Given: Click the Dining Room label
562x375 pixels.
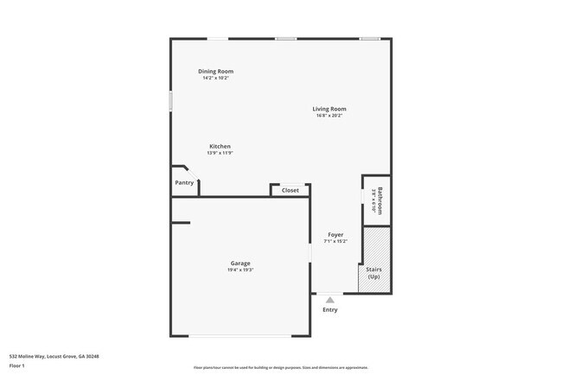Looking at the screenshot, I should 215,71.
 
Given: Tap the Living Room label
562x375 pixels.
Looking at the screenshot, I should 329,109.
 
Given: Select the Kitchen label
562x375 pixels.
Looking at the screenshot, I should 220,146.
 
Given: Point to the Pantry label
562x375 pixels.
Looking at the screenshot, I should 184,182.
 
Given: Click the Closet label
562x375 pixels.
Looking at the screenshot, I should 291,190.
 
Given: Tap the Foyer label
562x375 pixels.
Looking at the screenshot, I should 335,234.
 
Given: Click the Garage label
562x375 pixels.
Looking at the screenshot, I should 240,263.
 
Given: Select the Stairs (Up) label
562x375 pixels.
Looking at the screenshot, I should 374,273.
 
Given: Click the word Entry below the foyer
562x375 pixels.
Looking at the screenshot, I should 330,309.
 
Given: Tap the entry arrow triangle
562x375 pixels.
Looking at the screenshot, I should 329,299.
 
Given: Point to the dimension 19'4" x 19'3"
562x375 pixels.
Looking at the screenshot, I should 240,270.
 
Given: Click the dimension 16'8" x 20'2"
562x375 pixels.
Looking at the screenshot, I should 329,116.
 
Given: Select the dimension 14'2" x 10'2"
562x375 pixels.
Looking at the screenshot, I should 215,78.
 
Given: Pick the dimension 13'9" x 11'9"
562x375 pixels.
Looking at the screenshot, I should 220,153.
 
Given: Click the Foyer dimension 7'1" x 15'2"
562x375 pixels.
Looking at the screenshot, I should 335,241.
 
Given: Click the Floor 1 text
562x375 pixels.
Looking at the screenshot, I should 17,365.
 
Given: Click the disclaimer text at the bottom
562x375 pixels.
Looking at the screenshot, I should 280,366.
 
